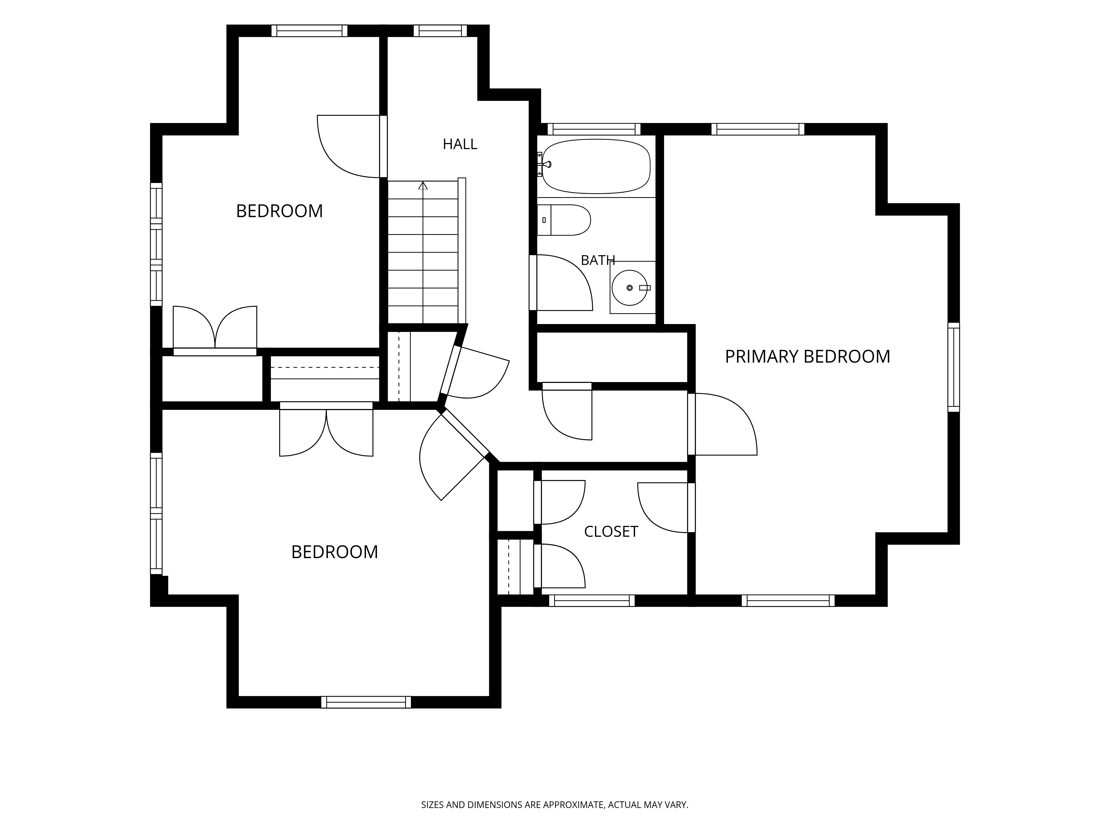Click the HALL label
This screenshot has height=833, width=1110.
click(460, 145)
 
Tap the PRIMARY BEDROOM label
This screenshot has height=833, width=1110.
click(808, 357)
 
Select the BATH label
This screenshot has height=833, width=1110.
click(598, 260)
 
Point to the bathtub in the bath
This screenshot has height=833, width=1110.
click(596, 166)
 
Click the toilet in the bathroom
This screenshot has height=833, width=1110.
click(564, 220)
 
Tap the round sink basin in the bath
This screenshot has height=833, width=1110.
click(629, 288)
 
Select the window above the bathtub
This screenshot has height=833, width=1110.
click(594, 129)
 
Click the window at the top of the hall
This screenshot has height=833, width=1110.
click(440, 31)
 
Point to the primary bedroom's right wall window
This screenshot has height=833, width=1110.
click(953, 367)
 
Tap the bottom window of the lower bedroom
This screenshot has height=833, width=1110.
click(366, 702)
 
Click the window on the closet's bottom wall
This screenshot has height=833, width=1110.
click(592, 601)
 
